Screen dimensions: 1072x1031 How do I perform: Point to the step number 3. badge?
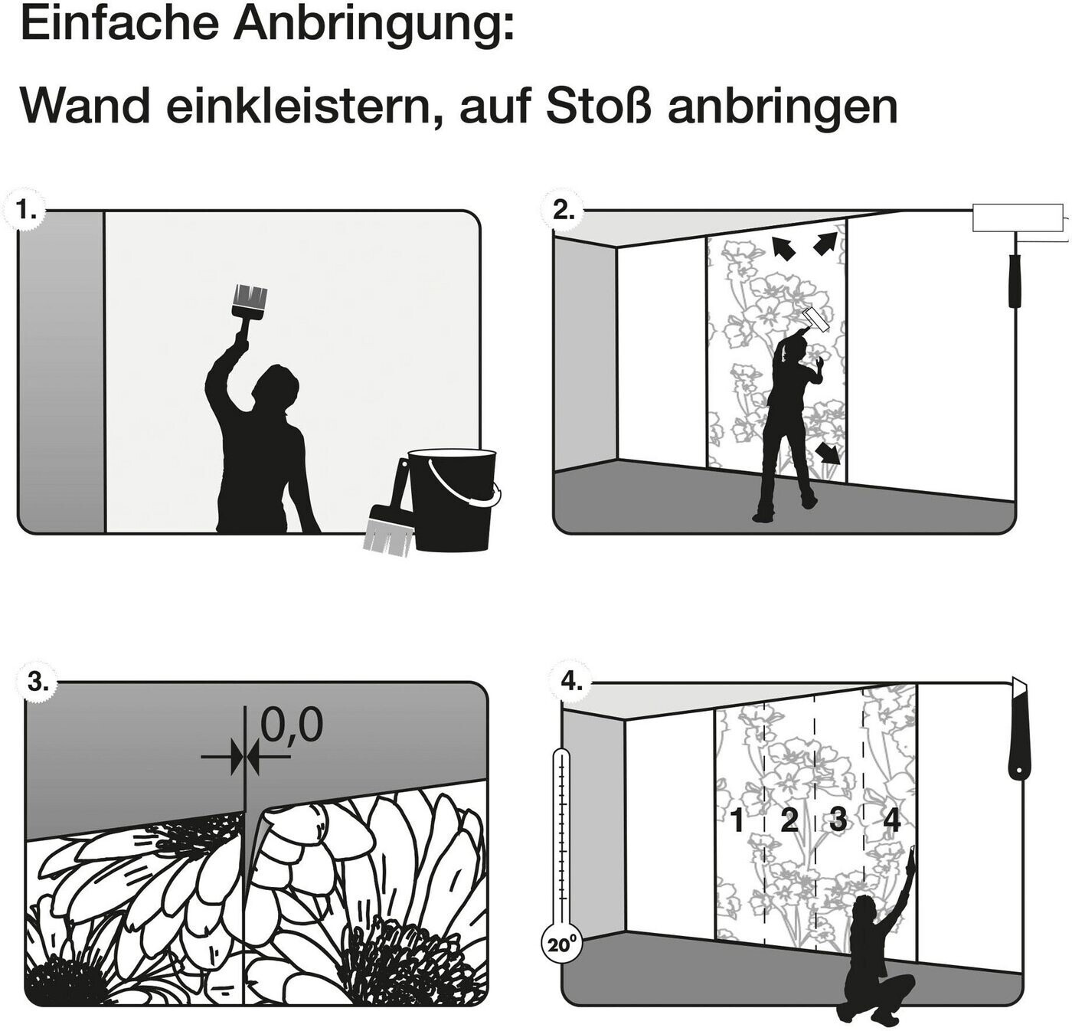point(38,682)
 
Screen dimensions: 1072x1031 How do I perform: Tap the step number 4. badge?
point(570,682)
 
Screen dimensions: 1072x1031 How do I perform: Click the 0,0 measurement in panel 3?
point(291,725)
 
